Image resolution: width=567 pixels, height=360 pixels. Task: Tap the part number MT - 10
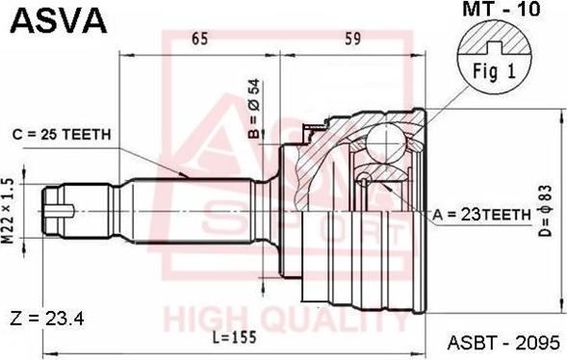(x=502, y=9)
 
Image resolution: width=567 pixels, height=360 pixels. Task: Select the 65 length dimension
(x=200, y=39)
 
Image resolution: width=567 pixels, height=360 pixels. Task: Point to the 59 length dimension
(x=352, y=39)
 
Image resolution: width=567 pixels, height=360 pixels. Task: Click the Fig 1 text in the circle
(x=494, y=71)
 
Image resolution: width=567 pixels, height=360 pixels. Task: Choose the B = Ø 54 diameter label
(x=254, y=109)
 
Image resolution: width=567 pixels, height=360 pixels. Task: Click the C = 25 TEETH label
(x=62, y=135)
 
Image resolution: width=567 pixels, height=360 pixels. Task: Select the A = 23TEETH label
(x=481, y=215)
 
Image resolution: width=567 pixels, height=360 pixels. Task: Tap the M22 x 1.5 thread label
(x=8, y=211)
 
